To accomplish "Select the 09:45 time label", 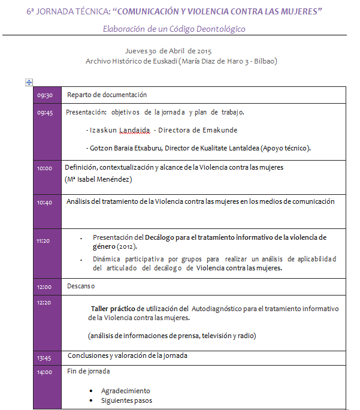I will pos(45,113).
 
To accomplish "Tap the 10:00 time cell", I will pos(45,168).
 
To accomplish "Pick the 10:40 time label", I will pos(45,203).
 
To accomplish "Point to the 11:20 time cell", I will pos(43,241).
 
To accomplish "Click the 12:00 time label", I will pos(45,287).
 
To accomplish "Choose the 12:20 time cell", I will pos(45,303).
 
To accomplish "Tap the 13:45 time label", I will pos(45,358).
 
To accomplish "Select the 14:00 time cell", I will pos(45,372).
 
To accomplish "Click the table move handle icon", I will pos(29,82).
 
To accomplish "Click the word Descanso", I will pos(81,287).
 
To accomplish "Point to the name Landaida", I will pos(134,130).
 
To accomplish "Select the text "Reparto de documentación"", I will pos(107,95).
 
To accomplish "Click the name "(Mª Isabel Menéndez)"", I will pos(98,179).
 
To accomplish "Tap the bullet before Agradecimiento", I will pos(90,391).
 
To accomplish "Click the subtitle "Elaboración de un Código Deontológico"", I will pos(174,29).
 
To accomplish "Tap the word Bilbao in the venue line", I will pos(264,61).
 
